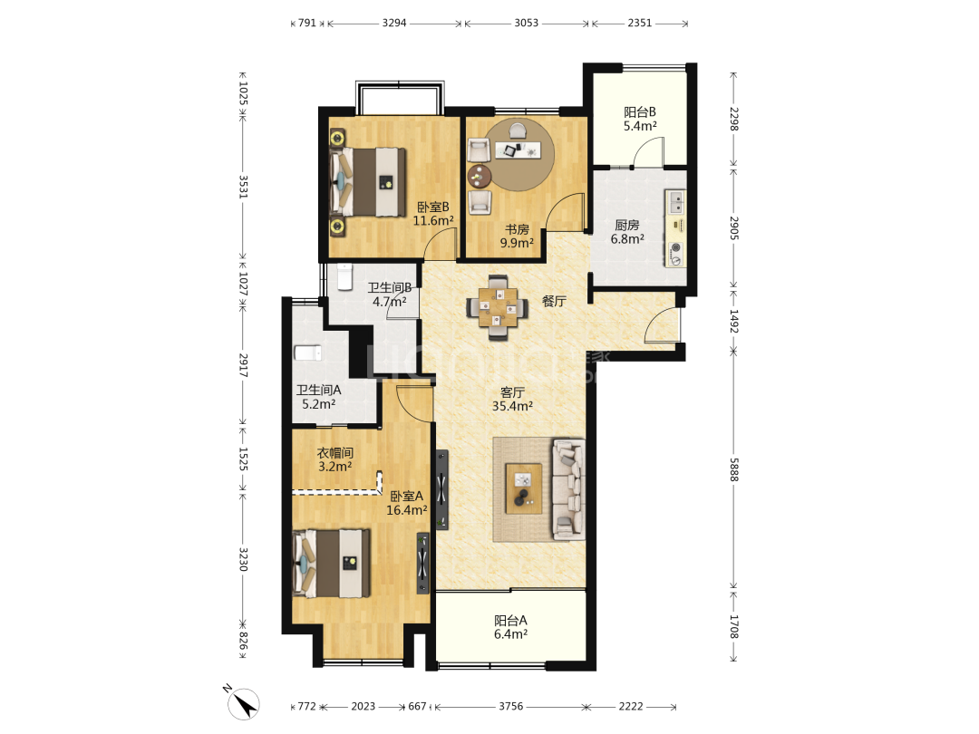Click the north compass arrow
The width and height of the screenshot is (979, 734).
point(244,703)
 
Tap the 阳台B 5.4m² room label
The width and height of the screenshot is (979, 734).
point(640,120)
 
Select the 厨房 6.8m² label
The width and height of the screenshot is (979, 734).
point(627,232)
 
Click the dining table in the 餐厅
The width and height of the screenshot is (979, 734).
point(498,307)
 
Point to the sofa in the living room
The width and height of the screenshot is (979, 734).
point(568,489)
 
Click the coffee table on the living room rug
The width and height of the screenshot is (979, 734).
point(524,488)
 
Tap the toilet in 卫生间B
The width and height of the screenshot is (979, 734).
point(344,277)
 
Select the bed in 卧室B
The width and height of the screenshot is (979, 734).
point(367,181)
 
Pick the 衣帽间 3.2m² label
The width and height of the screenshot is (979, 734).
point(334,459)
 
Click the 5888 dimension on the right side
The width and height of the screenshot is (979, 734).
point(734,469)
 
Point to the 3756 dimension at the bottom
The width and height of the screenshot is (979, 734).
point(510,707)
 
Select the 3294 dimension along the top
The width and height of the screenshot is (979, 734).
point(394,23)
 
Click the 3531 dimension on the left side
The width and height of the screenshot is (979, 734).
point(244,187)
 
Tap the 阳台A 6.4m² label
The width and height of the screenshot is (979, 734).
point(510,627)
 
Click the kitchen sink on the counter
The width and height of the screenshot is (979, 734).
point(676,202)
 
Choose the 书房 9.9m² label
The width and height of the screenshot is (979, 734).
point(517,237)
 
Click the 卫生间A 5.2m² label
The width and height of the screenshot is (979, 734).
point(318,397)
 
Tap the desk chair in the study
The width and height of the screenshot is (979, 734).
point(518,130)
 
